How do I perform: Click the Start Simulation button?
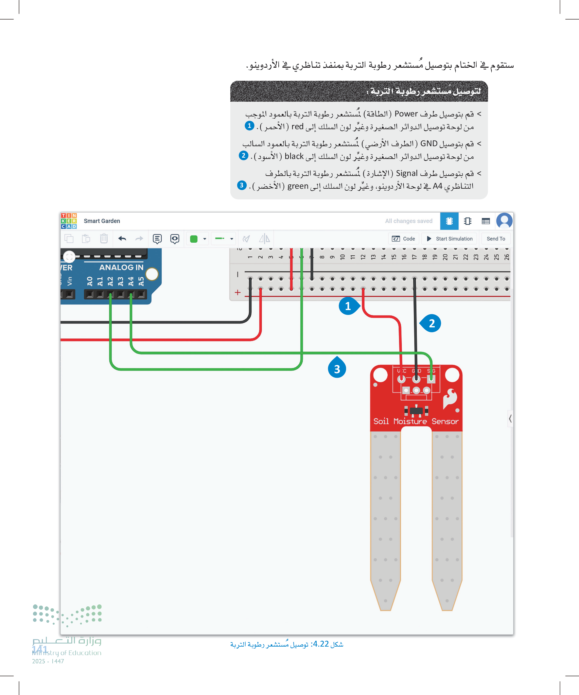[449, 239]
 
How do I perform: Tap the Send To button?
[496, 239]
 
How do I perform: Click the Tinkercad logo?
[69, 221]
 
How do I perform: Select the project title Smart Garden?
[102, 221]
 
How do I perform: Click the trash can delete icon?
[104, 238]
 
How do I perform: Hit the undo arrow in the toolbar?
[122, 238]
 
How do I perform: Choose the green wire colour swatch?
[194, 239]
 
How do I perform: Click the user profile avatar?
[504, 220]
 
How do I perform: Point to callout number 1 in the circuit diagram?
[348, 306]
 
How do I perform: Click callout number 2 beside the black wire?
[431, 323]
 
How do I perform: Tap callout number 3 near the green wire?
[337, 369]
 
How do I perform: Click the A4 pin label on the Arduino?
[131, 281]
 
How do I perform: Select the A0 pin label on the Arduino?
[90, 281]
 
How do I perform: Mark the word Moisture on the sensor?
[410, 421]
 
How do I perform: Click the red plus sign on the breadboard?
[237, 292]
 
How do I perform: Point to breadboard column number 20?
[445, 257]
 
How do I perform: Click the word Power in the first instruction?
[406, 114]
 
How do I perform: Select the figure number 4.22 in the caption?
[321, 644]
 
